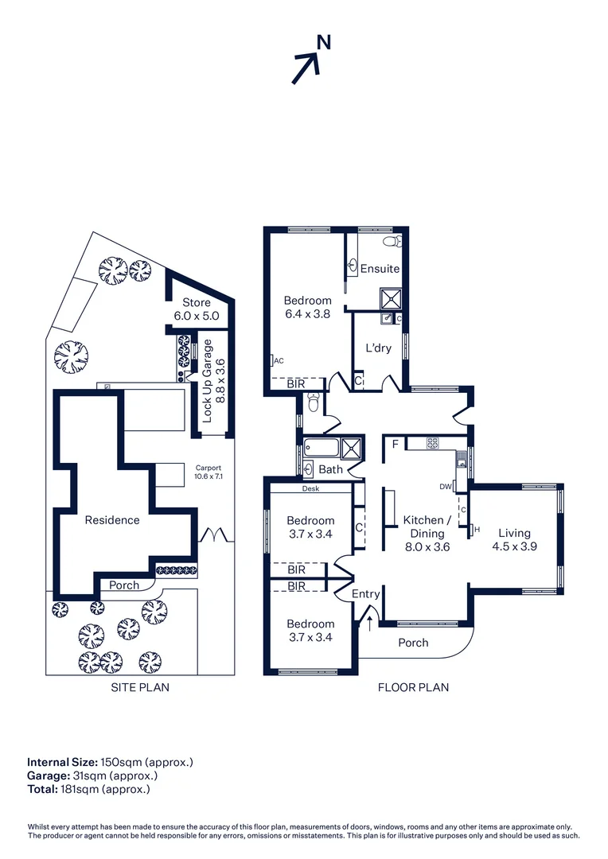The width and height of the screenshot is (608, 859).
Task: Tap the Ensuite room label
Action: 380,269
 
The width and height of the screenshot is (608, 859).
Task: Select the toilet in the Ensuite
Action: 392,240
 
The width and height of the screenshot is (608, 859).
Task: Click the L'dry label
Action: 378,348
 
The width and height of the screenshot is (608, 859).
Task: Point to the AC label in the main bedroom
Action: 279,360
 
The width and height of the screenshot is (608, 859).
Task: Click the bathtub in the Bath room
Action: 322,447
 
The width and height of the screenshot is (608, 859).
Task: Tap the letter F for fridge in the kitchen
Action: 396,445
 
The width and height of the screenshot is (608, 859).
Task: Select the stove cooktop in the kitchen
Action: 433,443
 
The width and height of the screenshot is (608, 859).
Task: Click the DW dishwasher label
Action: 445,487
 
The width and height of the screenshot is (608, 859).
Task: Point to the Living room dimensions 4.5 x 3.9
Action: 514,546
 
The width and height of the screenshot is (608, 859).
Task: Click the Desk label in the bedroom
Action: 310,488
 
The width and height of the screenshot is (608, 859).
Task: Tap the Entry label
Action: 366,594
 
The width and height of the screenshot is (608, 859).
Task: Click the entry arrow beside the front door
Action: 369,623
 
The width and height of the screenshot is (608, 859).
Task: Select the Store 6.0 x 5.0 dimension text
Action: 197,316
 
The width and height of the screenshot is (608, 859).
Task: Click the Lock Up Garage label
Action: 207,381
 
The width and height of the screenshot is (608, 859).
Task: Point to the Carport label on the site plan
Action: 209,468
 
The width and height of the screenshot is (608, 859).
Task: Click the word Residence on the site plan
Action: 112,520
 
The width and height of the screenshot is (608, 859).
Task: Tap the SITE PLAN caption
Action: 140,687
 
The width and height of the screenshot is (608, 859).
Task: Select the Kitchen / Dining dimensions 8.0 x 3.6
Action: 427,546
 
